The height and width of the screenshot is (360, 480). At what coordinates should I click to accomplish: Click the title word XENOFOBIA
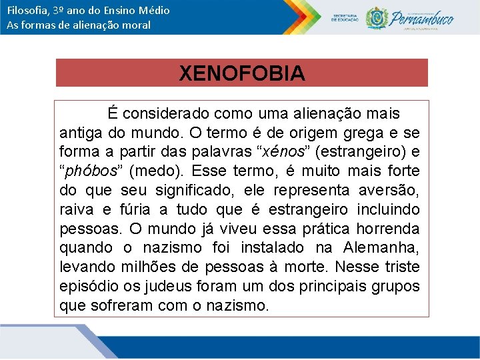click(241, 73)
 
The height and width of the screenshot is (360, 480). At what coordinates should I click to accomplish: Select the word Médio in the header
click(154, 10)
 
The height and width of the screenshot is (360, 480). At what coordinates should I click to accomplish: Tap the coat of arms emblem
click(377, 17)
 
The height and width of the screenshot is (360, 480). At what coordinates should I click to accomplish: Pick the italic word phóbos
click(89, 171)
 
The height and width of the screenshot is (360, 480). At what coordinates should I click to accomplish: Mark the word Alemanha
click(381, 248)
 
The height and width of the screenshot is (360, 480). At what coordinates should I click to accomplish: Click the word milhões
click(151, 267)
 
